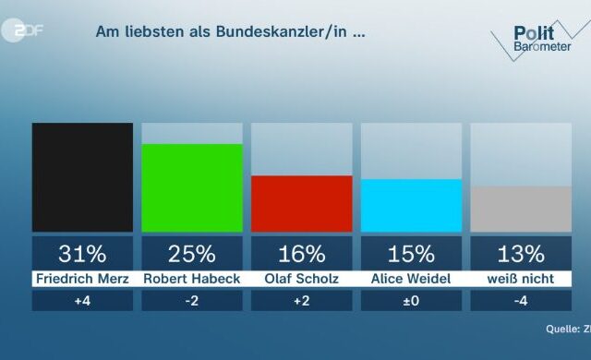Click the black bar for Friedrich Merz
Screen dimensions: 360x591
[82, 177]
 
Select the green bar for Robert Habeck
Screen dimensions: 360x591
[192, 187]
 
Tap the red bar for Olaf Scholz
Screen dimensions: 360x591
[302, 203]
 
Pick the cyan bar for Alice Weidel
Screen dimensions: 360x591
[411, 205]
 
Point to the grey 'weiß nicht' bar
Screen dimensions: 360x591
[521, 209]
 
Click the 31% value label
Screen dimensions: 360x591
[82, 253]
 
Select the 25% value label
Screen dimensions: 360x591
[192, 253]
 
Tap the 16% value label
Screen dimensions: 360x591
[302, 253]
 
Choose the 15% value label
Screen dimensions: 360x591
[411, 253]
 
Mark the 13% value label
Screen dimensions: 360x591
[521, 253]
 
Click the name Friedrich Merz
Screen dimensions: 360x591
[82, 278]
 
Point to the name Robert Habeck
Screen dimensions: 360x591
[192, 278]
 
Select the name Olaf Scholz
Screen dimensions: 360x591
[302, 278]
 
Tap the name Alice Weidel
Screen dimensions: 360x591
[411, 278]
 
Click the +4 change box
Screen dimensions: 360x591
[82, 301]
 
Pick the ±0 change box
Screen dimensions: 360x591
[411, 301]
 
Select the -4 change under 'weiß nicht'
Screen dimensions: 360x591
[521, 301]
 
